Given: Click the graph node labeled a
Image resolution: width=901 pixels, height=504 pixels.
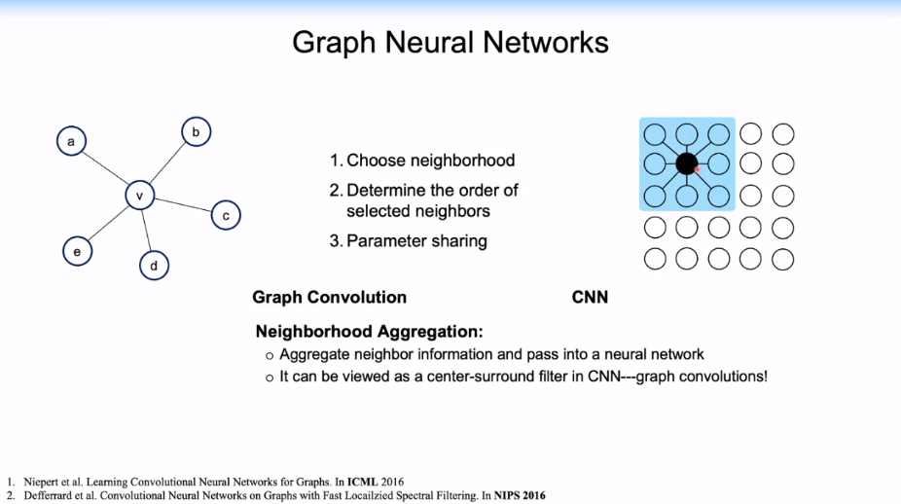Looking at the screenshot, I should [x=70, y=143].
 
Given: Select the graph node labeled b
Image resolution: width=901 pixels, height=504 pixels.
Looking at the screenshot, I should [x=196, y=131].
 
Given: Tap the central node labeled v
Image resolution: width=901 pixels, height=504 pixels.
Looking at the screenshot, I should [x=139, y=197].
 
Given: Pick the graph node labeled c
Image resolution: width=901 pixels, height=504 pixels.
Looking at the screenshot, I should [x=225, y=215].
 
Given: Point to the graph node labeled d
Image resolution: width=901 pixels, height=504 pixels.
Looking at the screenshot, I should [x=154, y=265].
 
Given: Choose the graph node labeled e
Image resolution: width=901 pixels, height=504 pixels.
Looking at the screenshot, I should [x=77, y=251].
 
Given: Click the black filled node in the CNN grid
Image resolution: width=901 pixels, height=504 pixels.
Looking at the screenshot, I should [x=687, y=163].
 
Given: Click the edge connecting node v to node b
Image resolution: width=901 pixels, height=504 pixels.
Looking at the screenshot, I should [x=167, y=163].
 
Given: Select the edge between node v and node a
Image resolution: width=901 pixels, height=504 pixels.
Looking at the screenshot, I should [x=105, y=170].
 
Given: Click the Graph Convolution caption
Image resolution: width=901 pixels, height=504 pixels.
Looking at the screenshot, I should [x=329, y=297].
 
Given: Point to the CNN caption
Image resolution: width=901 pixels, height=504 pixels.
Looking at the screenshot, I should [x=590, y=297].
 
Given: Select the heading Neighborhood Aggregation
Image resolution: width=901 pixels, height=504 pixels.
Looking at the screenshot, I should [x=369, y=331].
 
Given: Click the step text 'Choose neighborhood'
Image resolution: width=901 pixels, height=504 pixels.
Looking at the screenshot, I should [x=430, y=161].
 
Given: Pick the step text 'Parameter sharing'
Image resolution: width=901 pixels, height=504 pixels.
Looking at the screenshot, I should [x=416, y=240].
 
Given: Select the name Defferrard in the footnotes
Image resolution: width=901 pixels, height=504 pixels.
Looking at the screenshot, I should [x=45, y=495].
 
